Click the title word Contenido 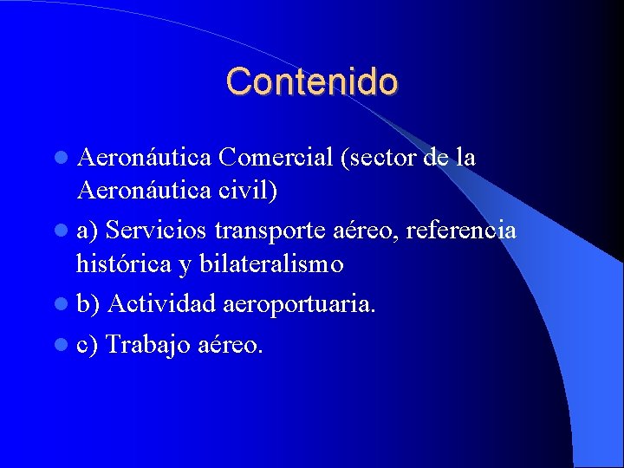tap(312, 81)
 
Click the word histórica tap(123, 263)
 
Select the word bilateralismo tap(271, 263)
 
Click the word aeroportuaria tap(300, 304)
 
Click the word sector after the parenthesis tap(381, 158)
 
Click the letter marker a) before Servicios tap(88, 231)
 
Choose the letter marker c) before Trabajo tap(88, 345)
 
